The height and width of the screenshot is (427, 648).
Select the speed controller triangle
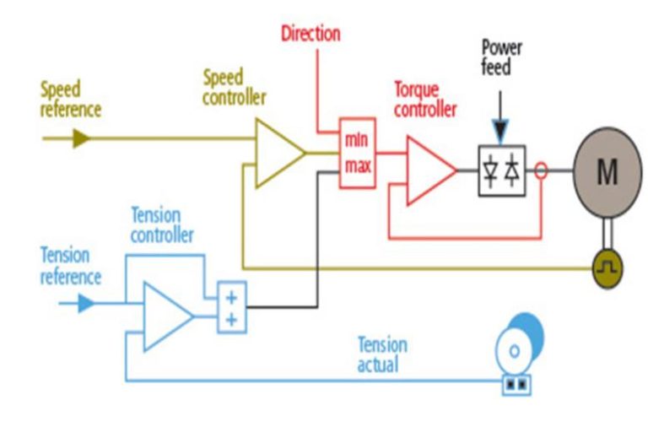(278, 153)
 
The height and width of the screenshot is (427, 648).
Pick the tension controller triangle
(165, 316)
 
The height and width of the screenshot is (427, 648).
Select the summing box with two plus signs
(231, 307)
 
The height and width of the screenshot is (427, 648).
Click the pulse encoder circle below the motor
(607, 268)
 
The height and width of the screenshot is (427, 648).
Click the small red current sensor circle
(541, 171)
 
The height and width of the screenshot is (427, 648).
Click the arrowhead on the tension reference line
(86, 303)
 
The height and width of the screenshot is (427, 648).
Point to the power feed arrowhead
(501, 132)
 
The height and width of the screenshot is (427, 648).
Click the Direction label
(310, 34)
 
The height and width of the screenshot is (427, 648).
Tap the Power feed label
(501, 57)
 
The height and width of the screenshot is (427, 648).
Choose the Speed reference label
(71, 99)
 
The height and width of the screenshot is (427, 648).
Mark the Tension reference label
(71, 265)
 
